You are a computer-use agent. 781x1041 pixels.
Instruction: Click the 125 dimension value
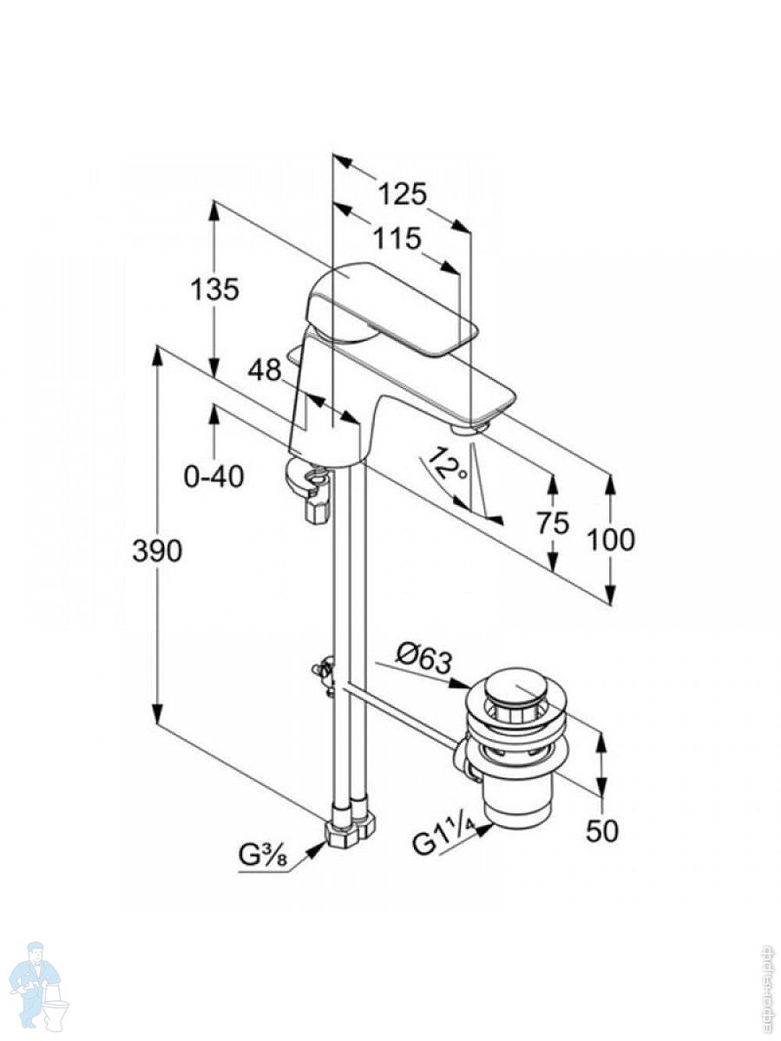click(403, 194)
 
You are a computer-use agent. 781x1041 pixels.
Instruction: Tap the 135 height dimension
click(214, 289)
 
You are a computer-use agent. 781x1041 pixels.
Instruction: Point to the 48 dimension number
click(264, 370)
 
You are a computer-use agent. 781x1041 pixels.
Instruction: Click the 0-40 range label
click(214, 476)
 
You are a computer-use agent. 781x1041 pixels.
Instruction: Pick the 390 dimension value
click(157, 551)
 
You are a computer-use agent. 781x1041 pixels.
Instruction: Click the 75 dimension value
click(552, 523)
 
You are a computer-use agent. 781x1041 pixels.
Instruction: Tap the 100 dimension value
click(610, 540)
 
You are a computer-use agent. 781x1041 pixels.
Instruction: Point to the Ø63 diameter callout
click(424, 658)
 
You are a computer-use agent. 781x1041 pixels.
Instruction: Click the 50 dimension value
click(601, 830)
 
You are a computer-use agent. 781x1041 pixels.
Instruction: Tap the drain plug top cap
click(517, 687)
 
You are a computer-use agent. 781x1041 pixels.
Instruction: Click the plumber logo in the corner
click(39, 985)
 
